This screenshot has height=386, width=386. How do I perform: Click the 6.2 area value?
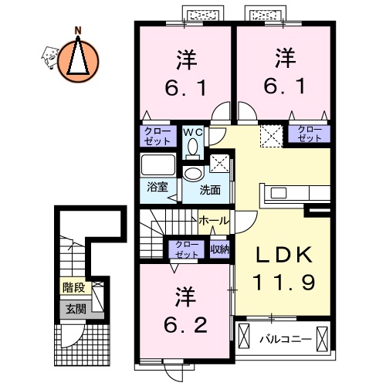185,325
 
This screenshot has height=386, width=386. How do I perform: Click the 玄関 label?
75,310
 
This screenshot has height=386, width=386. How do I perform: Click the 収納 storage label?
220,249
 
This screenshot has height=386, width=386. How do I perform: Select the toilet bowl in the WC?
193,147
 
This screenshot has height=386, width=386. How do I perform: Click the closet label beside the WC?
158,136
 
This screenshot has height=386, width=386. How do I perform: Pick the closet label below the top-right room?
308,133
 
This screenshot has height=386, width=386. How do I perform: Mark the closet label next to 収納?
186,249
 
